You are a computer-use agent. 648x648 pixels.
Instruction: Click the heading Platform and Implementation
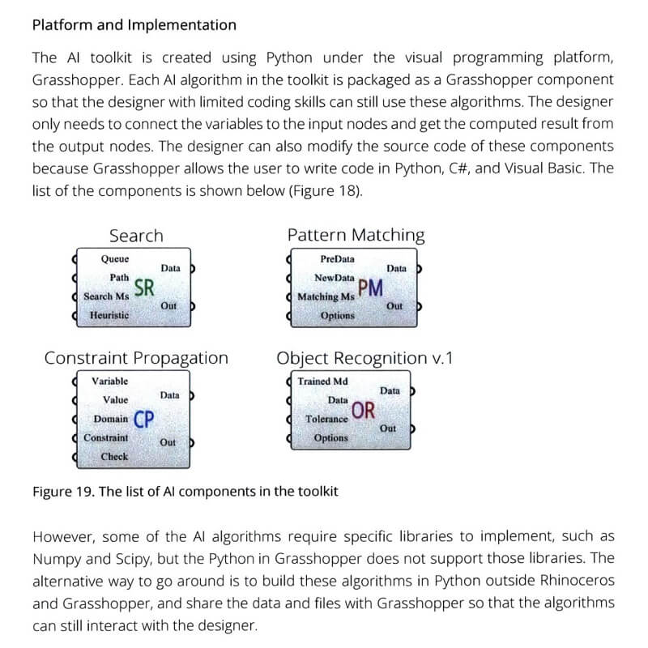[134, 25]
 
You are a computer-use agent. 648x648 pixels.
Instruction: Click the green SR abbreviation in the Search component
[144, 288]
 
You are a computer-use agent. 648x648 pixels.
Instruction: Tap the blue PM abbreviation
[369, 288]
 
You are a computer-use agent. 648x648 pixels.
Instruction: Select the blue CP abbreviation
[144, 419]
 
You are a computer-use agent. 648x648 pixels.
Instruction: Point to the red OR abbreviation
[363, 410]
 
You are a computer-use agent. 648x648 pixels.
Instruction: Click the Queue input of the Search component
[114, 259]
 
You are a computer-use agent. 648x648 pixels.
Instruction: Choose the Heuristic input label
[109, 315]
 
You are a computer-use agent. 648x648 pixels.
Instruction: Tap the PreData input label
[337, 259]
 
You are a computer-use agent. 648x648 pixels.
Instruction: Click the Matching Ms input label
[326, 296]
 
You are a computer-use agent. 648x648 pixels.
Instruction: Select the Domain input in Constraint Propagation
[110, 419]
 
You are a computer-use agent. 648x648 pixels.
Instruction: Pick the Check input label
[114, 457]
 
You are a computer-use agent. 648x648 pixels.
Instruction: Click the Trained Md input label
[323, 382]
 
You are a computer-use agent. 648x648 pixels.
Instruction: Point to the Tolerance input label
[326, 419]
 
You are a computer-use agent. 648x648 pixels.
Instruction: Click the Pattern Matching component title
[356, 236]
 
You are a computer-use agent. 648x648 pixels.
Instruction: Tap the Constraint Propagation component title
[136, 358]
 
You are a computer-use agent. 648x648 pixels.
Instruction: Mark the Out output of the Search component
[168, 306]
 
